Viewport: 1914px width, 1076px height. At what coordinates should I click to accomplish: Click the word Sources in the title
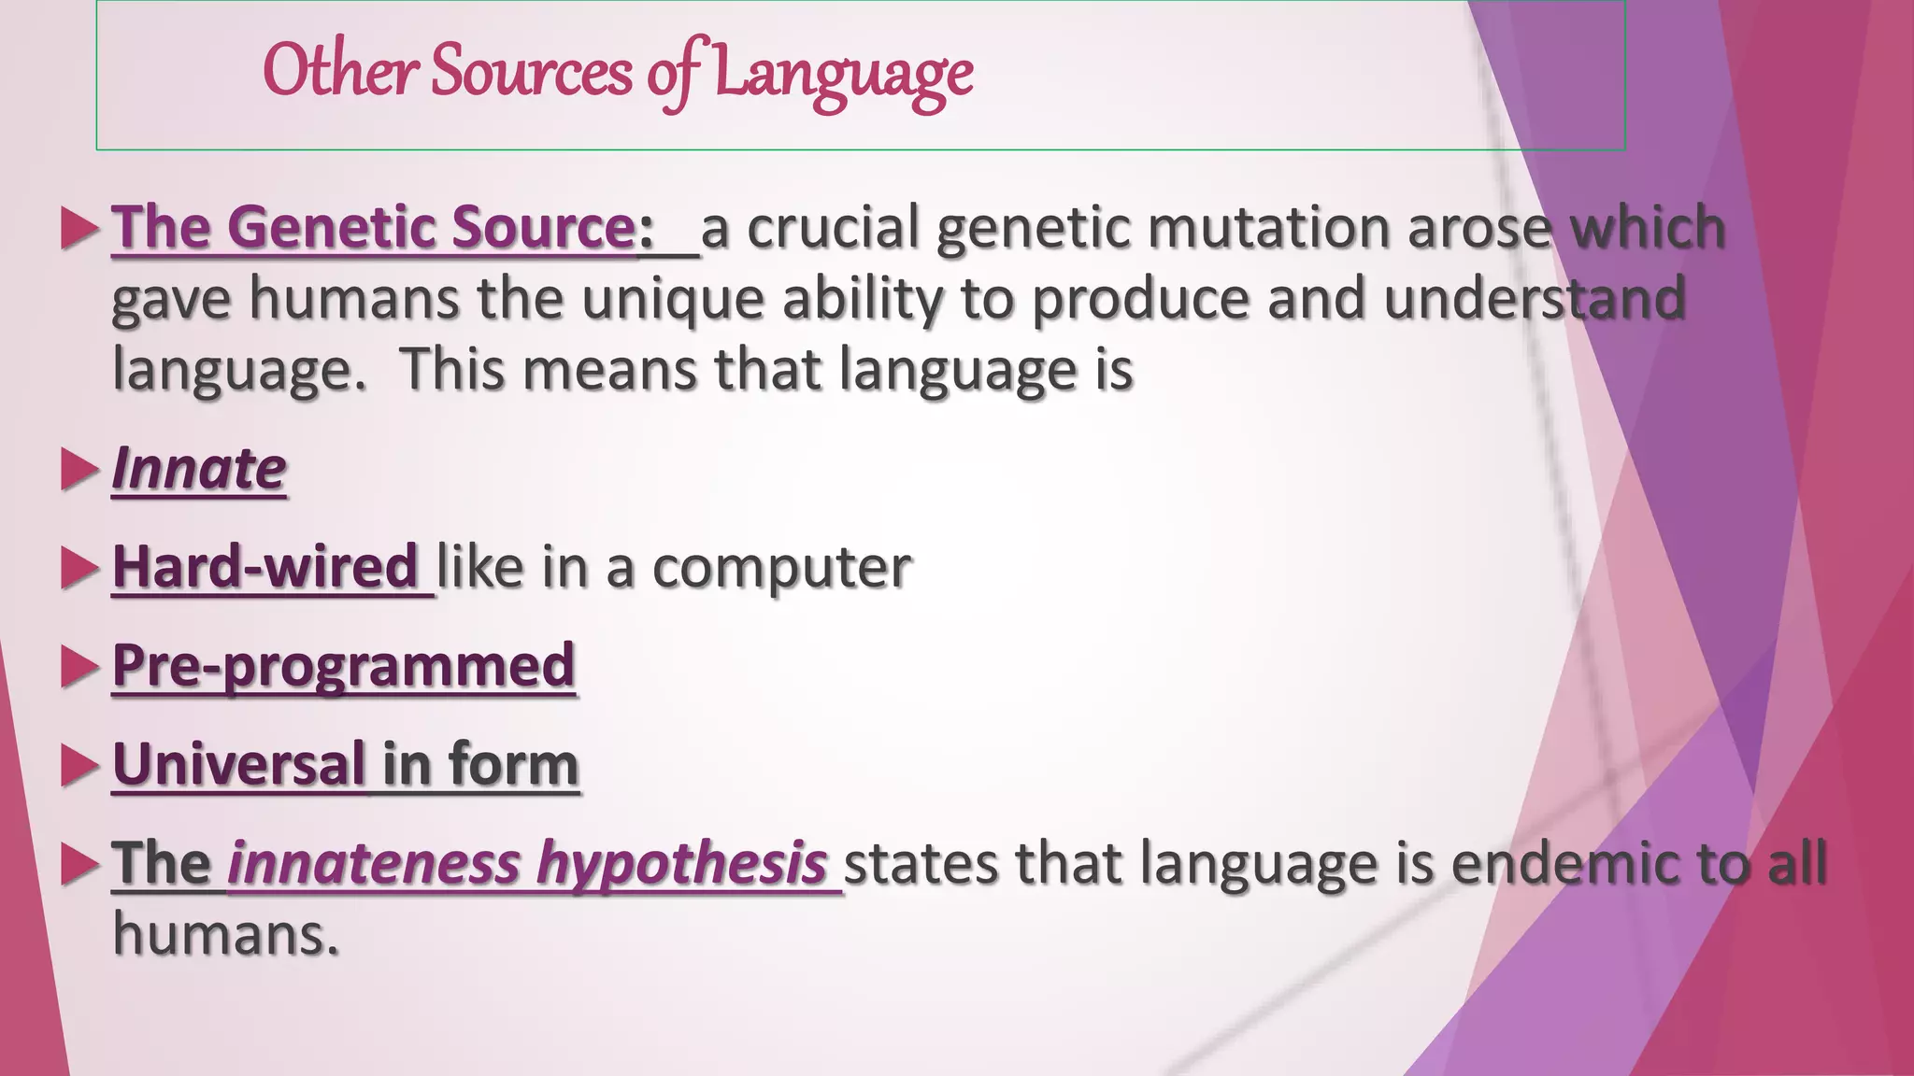[x=531, y=72]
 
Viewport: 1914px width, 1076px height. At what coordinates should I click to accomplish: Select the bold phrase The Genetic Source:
[x=383, y=227]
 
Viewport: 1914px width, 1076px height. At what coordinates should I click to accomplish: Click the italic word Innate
[x=199, y=468]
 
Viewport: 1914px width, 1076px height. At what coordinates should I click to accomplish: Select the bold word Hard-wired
[x=264, y=567]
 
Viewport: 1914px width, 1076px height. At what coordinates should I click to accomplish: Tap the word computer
[x=781, y=567]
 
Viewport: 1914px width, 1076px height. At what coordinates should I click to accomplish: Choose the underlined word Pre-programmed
[x=343, y=666]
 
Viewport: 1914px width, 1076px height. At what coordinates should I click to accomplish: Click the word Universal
[x=239, y=764]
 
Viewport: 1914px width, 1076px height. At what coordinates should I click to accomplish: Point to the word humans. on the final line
[x=225, y=934]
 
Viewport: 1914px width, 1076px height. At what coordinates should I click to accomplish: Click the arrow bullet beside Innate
[x=79, y=469]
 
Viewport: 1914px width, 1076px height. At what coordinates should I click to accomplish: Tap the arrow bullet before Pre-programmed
[x=79, y=667]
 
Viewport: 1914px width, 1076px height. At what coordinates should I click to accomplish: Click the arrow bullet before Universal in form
[x=79, y=766]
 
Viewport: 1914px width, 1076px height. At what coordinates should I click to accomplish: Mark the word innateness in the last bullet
[x=373, y=863]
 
